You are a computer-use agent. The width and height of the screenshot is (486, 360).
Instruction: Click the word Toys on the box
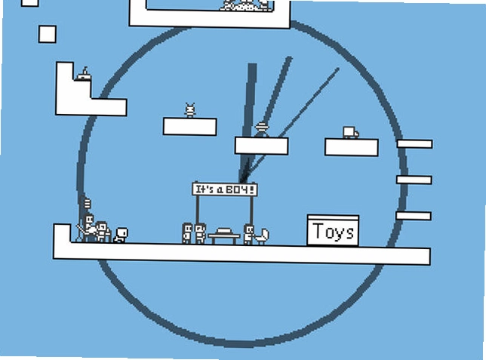334,232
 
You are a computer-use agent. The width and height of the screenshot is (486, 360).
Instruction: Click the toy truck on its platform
351,132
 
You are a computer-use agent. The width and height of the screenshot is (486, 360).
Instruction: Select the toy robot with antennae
190,110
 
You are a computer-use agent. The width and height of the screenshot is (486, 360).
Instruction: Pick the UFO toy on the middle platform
262,130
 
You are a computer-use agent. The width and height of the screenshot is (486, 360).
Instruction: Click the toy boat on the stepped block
84,74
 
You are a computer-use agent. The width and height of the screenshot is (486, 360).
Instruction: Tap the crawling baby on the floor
121,235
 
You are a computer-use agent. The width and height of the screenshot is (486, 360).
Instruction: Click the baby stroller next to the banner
262,236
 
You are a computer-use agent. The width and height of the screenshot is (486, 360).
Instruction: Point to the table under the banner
224,235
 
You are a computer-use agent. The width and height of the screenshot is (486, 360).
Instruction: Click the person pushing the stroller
248,235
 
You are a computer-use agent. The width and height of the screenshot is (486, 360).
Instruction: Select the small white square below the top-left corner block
48,34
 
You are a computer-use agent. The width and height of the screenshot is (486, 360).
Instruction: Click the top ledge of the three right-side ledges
415,144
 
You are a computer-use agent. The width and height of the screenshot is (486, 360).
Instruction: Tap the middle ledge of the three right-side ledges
414,180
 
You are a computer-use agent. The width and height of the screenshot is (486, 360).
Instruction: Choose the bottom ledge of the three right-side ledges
414,216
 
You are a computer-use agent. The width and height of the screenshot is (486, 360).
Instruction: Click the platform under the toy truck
352,147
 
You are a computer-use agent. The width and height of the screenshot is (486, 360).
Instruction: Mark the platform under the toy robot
189,127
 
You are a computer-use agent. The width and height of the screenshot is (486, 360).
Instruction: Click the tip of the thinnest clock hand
338,69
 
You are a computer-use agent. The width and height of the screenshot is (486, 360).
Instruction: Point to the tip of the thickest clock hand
252,64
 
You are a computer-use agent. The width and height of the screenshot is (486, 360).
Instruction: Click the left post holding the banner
197,211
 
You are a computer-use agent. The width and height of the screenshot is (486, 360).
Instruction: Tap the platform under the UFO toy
262,146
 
